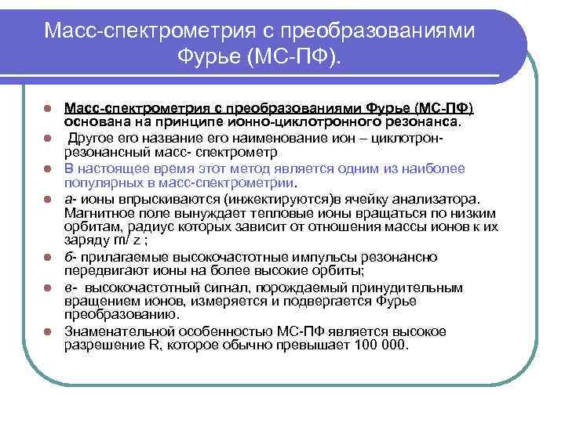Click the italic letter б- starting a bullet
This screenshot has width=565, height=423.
69,257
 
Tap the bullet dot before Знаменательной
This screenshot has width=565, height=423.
49,331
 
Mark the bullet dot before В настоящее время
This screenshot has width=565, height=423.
49,168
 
